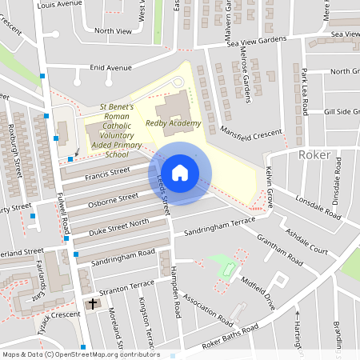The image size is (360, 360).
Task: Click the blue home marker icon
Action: pos(180,173)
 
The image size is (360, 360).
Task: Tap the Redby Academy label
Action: pos(173,123)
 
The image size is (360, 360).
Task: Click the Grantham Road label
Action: pos(279,246)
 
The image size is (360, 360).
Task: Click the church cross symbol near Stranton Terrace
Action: pos(92,304)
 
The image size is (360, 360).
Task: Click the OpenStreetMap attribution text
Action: pos(81,354)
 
